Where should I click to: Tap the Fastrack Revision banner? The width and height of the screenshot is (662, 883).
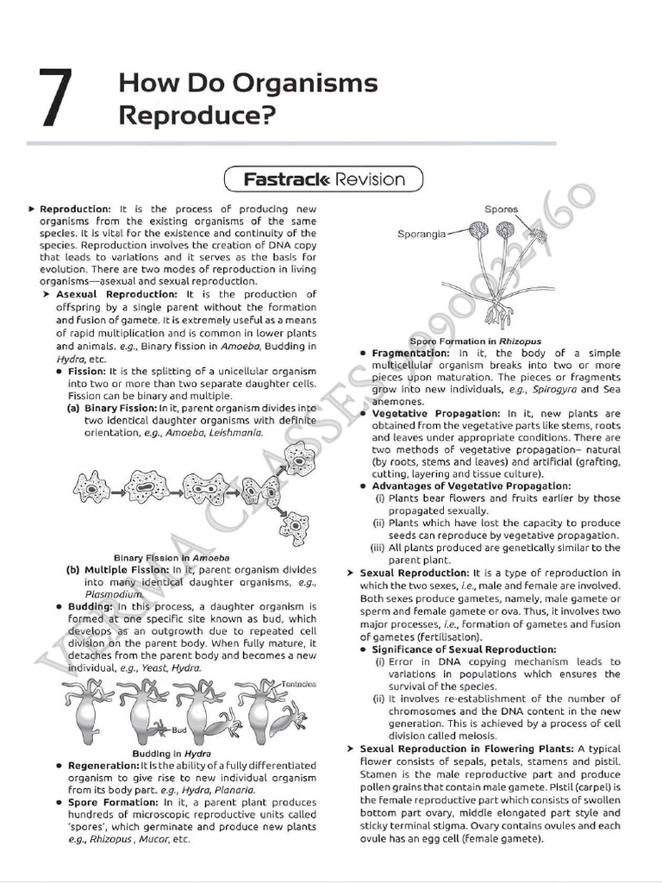tap(324, 179)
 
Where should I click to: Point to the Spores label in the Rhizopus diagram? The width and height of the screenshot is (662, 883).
tap(501, 210)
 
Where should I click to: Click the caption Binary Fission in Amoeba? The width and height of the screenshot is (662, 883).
tap(172, 558)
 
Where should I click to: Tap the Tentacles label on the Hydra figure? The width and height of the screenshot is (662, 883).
tap(298, 683)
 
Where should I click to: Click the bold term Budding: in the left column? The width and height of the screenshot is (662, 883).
tap(90, 606)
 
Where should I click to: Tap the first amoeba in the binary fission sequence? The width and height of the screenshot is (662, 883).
tap(91, 488)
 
